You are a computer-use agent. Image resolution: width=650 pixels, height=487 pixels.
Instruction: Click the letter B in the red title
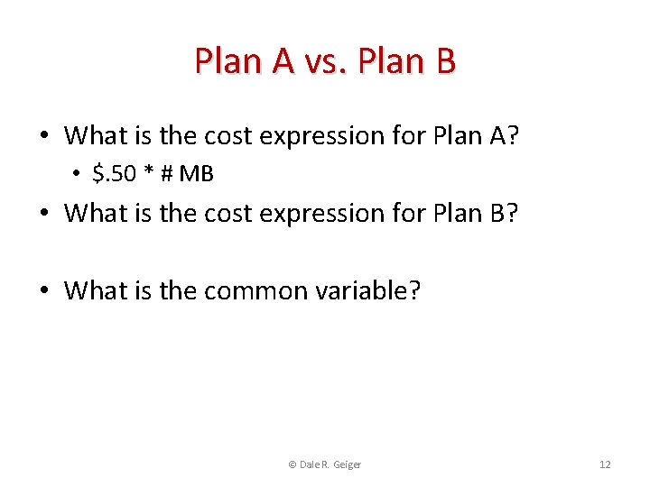click(444, 61)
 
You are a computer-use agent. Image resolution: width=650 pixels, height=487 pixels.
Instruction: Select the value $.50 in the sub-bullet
click(113, 174)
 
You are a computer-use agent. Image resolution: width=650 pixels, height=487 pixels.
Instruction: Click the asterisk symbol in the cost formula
click(148, 174)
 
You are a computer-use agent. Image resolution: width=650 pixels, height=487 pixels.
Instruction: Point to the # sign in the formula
click(165, 174)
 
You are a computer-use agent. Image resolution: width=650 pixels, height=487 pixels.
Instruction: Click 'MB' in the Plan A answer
click(196, 174)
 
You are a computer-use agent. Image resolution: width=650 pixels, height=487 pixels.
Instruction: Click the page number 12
click(605, 464)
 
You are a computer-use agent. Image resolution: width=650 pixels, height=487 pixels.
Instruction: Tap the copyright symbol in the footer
click(292, 464)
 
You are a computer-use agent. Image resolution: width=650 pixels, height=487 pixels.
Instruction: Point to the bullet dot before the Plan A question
click(43, 136)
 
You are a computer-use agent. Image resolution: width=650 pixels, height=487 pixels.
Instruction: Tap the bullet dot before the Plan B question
click(43, 214)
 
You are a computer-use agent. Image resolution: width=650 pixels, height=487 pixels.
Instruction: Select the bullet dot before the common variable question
click(43, 291)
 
